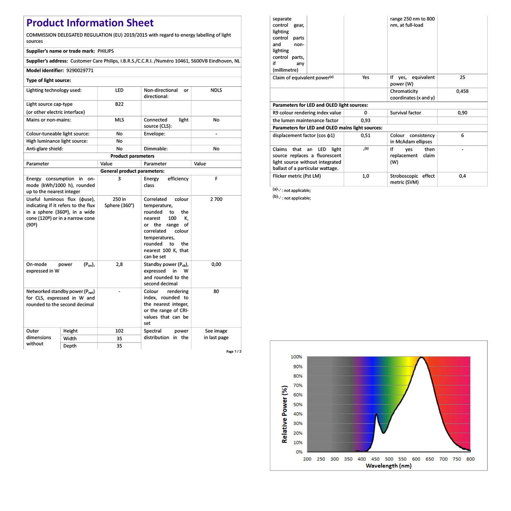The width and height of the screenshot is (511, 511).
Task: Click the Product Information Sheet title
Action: [90, 23]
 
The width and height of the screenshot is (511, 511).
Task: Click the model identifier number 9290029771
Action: [80, 70]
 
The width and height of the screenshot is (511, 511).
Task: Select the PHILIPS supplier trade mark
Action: [105, 51]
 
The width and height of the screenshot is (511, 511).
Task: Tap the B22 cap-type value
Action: [119, 104]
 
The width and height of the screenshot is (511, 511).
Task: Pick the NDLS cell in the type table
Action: [216, 90]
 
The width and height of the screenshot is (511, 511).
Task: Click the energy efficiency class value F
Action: [216, 179]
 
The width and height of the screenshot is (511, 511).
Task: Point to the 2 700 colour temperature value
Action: [216, 199]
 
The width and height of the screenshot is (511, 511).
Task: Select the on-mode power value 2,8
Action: [119, 264]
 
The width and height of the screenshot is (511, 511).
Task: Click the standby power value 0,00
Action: [216, 264]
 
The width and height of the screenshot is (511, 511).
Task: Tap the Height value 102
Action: [119, 331]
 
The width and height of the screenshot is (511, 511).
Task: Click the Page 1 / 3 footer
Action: [234, 352]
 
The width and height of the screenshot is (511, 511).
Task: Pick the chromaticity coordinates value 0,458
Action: [462, 91]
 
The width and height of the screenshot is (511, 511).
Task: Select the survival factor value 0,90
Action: [462, 113]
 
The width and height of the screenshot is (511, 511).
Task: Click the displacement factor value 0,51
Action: [365, 135]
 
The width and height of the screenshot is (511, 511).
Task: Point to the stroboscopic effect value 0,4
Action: [462, 176]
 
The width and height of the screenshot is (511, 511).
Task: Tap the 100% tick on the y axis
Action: [296, 357]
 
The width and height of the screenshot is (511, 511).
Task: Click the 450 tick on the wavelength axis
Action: [375, 459]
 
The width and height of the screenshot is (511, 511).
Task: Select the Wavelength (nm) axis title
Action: [388, 466]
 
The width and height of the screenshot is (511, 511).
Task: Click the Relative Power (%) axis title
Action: [285, 414]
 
